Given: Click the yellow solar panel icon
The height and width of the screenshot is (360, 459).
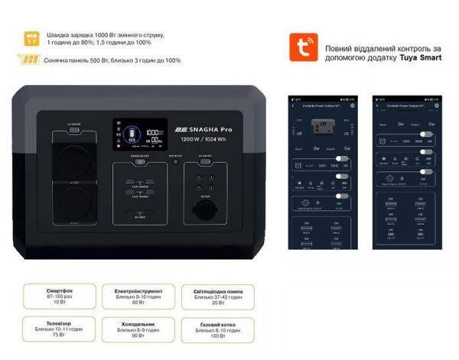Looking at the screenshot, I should pyautogui.click(x=28, y=60).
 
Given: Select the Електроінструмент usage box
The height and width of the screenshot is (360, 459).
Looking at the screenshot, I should pyautogui.click(x=131, y=297).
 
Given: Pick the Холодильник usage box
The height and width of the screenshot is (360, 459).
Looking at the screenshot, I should pyautogui.click(x=131, y=329).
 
